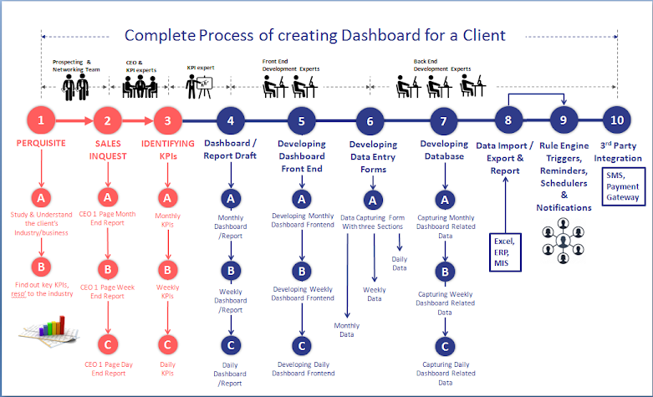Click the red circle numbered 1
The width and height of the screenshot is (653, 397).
[x=41, y=120]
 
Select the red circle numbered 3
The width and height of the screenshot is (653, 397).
[x=168, y=120]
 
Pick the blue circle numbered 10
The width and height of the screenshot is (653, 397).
[x=617, y=120]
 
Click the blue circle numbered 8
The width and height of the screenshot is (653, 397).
[x=508, y=120]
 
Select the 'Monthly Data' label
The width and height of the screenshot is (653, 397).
[x=347, y=329]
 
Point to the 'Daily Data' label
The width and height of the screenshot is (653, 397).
[x=400, y=263]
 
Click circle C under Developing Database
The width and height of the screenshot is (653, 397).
[x=445, y=345]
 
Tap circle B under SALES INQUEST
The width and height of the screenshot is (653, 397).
[x=106, y=270]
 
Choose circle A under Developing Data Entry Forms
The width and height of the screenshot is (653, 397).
[x=370, y=200]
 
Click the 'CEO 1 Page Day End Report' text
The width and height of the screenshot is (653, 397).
[x=106, y=368]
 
